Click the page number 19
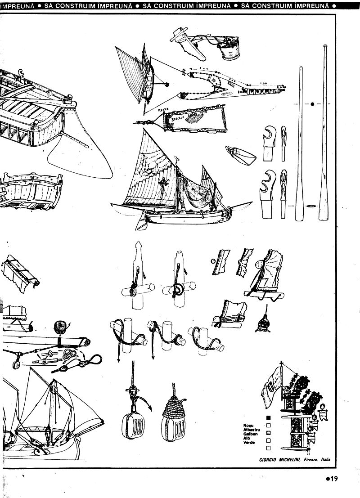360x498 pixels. click(x=332, y=479)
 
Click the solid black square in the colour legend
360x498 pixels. click(x=269, y=417)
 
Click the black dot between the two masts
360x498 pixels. click(x=312, y=104)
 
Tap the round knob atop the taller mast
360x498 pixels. click(x=324, y=46)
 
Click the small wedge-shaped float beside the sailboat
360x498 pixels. click(x=240, y=156)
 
